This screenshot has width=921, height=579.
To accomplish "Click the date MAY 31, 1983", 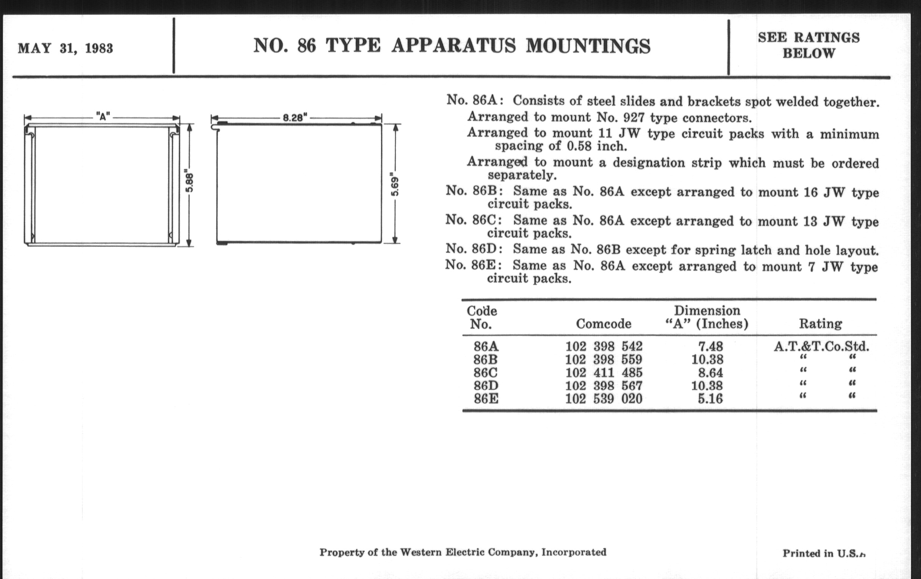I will pyautogui.click(x=66, y=48).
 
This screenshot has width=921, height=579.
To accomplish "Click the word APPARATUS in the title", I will pyautogui.click(x=453, y=46).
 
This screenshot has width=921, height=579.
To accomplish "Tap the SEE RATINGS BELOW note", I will pyautogui.click(x=809, y=45).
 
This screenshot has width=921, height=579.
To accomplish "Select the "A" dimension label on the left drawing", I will pyautogui.click(x=102, y=117).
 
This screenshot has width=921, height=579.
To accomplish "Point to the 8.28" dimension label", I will pyautogui.click(x=295, y=118).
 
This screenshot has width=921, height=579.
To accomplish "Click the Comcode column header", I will pyautogui.click(x=604, y=324).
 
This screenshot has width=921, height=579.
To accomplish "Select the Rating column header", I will pyautogui.click(x=820, y=324).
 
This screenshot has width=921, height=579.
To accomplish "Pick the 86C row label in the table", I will pyautogui.click(x=486, y=372).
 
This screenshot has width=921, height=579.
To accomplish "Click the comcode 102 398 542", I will pyautogui.click(x=604, y=346).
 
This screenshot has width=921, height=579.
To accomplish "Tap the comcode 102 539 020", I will pyautogui.click(x=604, y=398).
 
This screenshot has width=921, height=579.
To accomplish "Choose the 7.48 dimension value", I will pyautogui.click(x=710, y=346).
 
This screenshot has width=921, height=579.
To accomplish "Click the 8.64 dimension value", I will pyautogui.click(x=710, y=372).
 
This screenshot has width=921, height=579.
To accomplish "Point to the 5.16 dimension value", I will pyautogui.click(x=710, y=398).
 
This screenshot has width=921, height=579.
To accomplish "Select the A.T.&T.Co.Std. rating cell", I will pyautogui.click(x=821, y=346).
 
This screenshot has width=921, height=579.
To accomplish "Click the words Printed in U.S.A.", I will pyautogui.click(x=823, y=553).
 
